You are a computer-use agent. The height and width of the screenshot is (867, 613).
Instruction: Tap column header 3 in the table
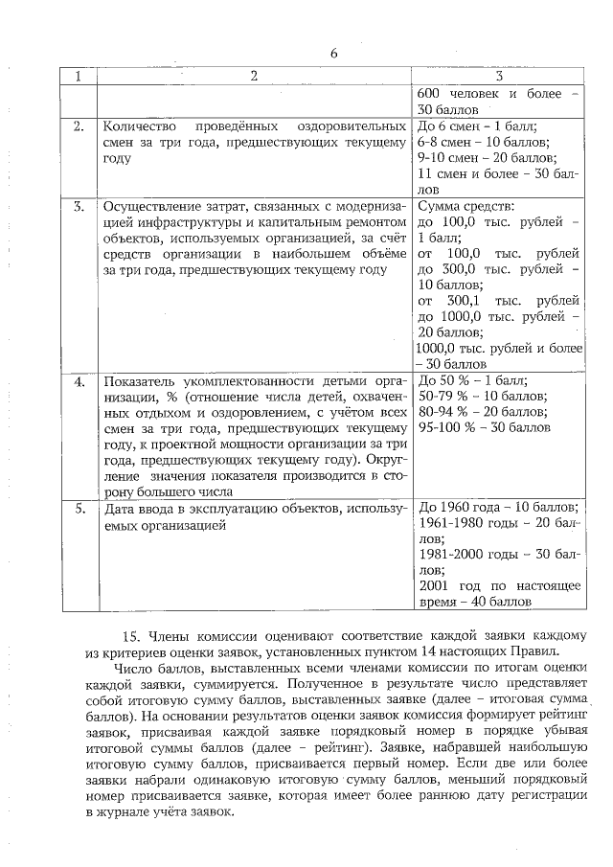click(499, 76)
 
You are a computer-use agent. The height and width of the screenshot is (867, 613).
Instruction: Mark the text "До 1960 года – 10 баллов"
click(498, 508)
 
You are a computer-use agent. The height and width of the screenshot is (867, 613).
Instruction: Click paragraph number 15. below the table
click(133, 637)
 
